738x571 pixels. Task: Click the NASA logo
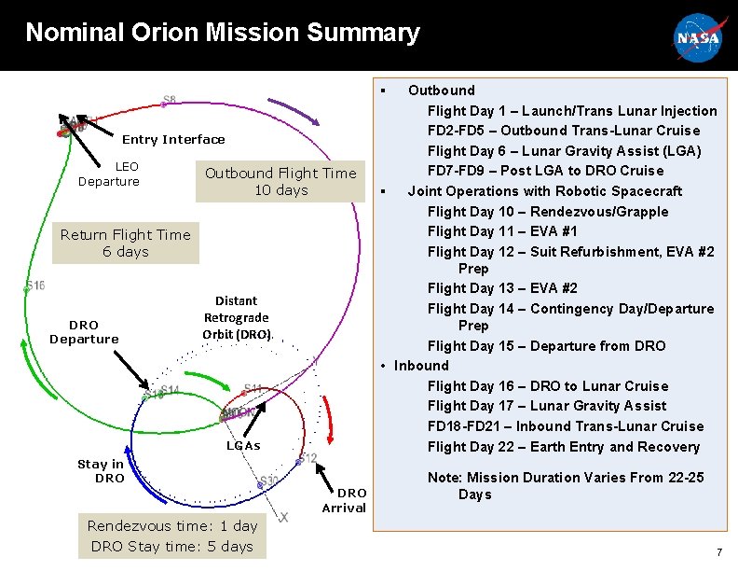click(697, 37)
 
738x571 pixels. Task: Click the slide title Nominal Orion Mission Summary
click(223, 34)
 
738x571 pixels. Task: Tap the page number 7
click(718, 552)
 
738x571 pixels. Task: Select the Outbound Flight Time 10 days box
click(280, 181)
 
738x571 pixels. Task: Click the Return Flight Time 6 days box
click(125, 243)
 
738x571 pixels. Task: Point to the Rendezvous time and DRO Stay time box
click(172, 536)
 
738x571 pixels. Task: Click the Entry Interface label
click(173, 140)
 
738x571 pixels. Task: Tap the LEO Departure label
click(109, 174)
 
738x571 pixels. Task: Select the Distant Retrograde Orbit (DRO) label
click(237, 317)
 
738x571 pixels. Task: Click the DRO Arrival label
click(344, 500)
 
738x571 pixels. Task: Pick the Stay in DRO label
click(100, 470)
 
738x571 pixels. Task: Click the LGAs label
click(244, 446)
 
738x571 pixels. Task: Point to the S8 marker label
click(170, 100)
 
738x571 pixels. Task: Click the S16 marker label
click(35, 285)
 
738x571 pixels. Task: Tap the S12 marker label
click(308, 458)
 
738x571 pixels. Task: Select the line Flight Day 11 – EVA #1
click(515, 231)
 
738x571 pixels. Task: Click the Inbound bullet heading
click(421, 366)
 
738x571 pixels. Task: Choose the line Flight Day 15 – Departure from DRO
click(546, 346)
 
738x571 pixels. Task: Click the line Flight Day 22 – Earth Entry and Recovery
click(563, 447)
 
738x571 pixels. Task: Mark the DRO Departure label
click(84, 332)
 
